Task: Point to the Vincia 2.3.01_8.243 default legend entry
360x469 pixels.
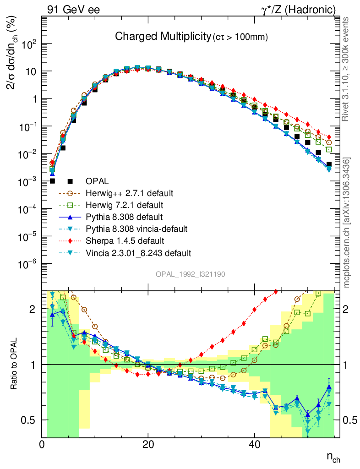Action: click(142, 252)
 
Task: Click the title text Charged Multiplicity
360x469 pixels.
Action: click(162, 36)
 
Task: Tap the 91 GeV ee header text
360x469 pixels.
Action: click(73, 10)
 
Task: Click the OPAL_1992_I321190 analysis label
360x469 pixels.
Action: click(191, 274)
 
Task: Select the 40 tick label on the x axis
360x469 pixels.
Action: click(254, 444)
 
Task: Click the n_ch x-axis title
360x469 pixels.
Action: click(333, 457)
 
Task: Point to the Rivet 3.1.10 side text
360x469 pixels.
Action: click(347, 69)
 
